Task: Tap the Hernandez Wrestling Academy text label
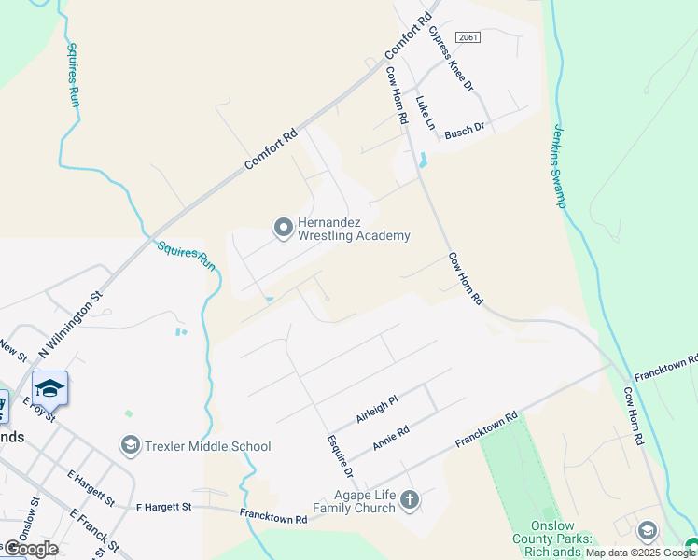(353, 230)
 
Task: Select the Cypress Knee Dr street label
(452, 57)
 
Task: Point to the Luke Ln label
(426, 112)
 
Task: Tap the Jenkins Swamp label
(560, 165)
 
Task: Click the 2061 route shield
(468, 36)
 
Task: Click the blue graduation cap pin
(49, 388)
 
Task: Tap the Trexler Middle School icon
(130, 445)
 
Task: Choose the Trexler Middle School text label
(207, 446)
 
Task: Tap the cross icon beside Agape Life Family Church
(409, 501)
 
